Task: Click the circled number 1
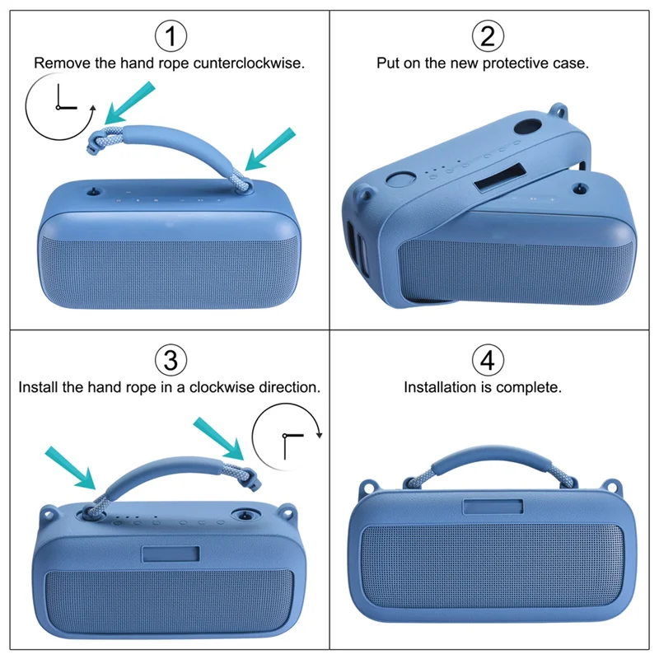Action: point(171,35)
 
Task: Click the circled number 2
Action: point(487,35)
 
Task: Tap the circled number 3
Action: point(171,360)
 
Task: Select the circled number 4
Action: point(487,360)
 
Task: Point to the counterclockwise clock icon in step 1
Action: point(58,108)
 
